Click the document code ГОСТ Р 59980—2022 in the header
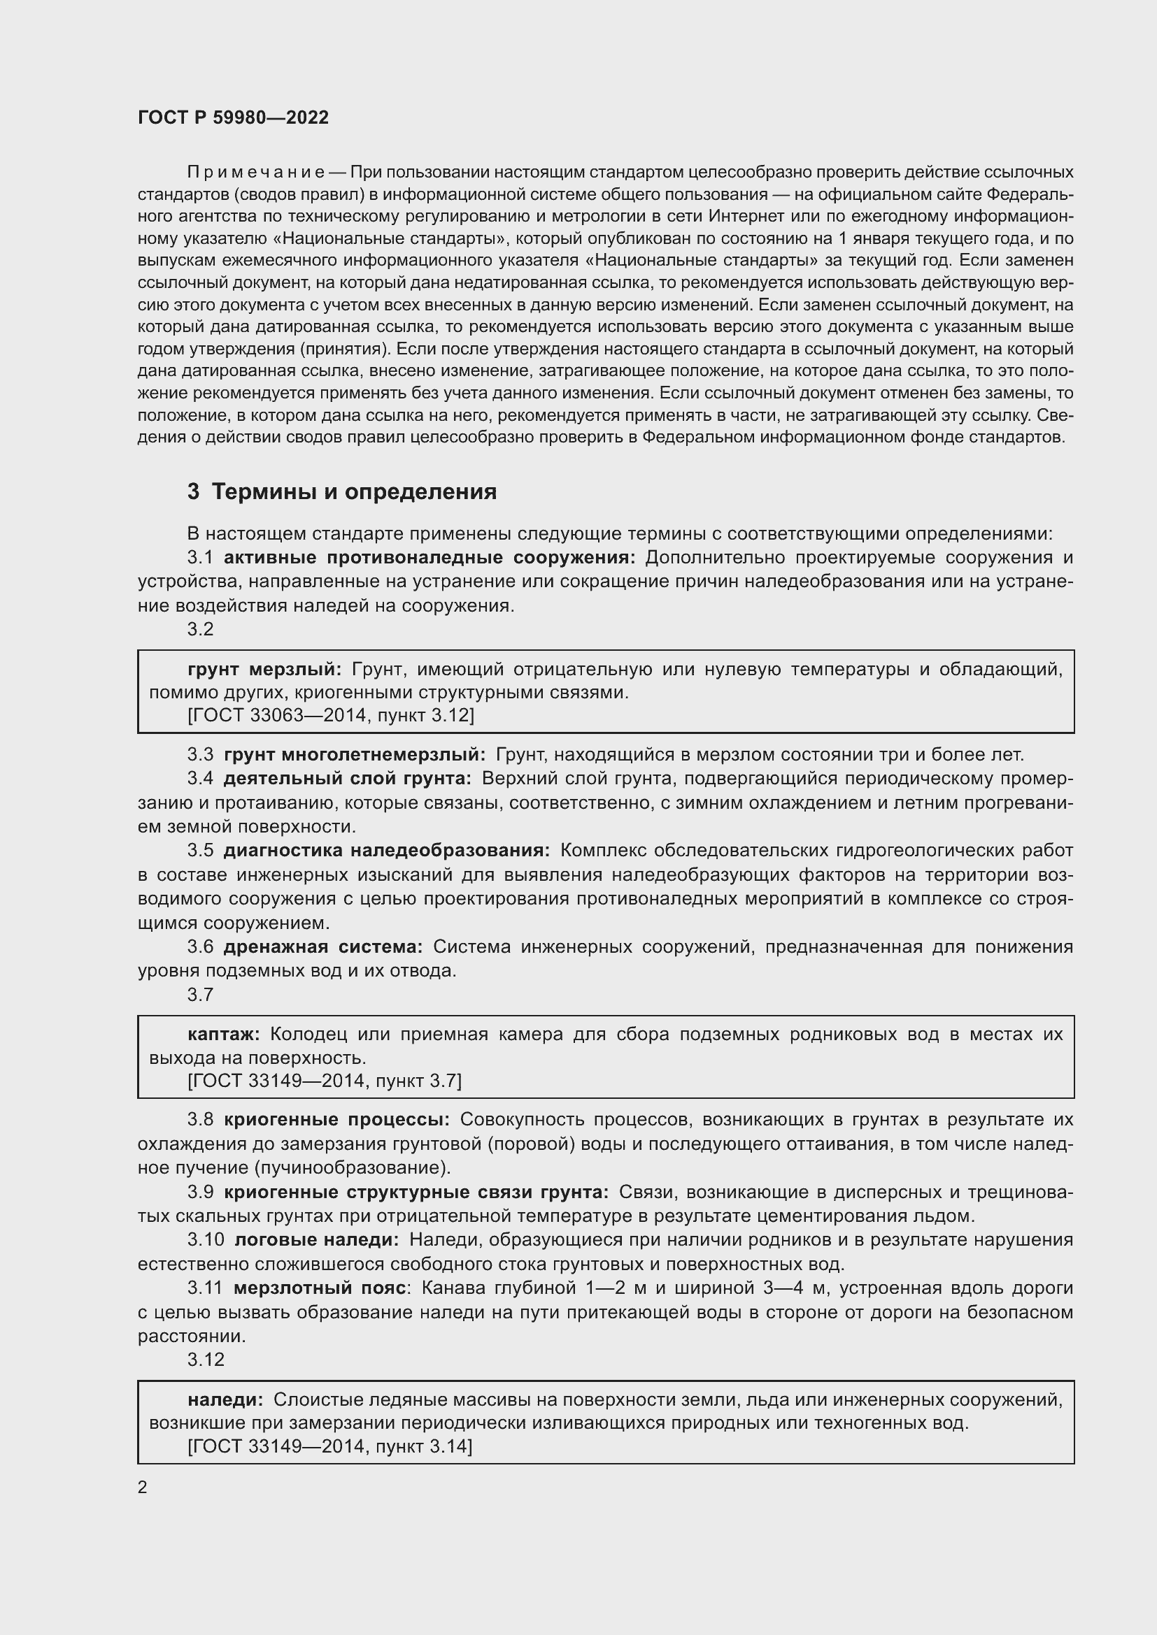click(233, 117)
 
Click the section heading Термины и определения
click(353, 491)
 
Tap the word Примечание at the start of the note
click(256, 172)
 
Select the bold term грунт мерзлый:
click(264, 669)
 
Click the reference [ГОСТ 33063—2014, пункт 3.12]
click(331, 714)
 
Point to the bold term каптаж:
click(224, 1033)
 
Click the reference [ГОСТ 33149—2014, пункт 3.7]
click(324, 1080)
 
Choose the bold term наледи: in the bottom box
click(225, 1399)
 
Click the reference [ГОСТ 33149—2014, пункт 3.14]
click(330, 1446)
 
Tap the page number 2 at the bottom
click(143, 1487)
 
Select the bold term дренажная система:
click(322, 946)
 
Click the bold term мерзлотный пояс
click(319, 1288)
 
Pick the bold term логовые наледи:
click(316, 1240)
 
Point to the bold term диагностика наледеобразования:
click(386, 850)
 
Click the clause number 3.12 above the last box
click(206, 1359)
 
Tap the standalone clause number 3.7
click(200, 994)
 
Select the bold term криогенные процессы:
click(336, 1119)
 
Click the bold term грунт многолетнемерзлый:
click(354, 754)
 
